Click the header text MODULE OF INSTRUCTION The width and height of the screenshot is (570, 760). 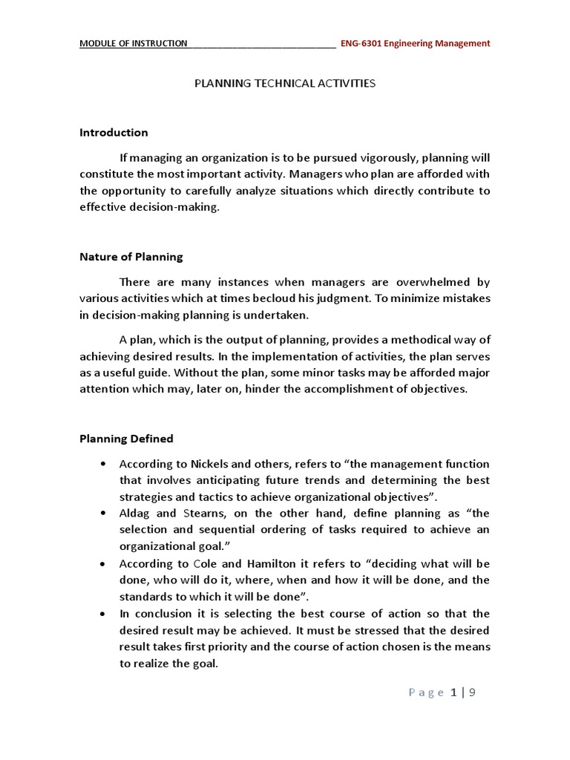tap(134, 43)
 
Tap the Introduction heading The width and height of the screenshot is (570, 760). tap(114, 132)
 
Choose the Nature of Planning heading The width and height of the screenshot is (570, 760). tap(131, 257)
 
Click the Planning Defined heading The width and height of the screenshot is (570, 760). tap(126, 438)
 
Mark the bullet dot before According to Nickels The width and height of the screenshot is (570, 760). tap(101, 465)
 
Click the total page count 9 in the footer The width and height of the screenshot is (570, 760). tap(471, 693)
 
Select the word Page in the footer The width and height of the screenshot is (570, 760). tap(425, 693)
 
